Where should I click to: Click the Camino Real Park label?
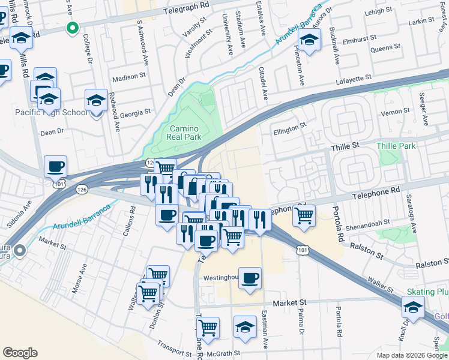pyautogui.click(x=184, y=133)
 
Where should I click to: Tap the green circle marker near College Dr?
pyautogui.click(x=72, y=27)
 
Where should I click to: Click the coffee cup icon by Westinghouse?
pyautogui.click(x=250, y=278)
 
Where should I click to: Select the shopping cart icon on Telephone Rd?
pyautogui.click(x=304, y=215)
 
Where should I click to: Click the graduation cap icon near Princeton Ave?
pyautogui.click(x=310, y=41)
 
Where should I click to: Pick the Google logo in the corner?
pyautogui.click(x=20, y=353)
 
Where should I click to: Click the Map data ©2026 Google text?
pyautogui.click(x=411, y=355)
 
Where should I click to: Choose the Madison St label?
pyautogui.click(x=129, y=77)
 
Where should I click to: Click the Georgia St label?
pyautogui.click(x=134, y=113)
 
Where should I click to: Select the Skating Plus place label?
pyautogui.click(x=427, y=292)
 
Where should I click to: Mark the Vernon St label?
pyautogui.click(x=395, y=111)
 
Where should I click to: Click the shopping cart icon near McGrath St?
pyautogui.click(x=208, y=328)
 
